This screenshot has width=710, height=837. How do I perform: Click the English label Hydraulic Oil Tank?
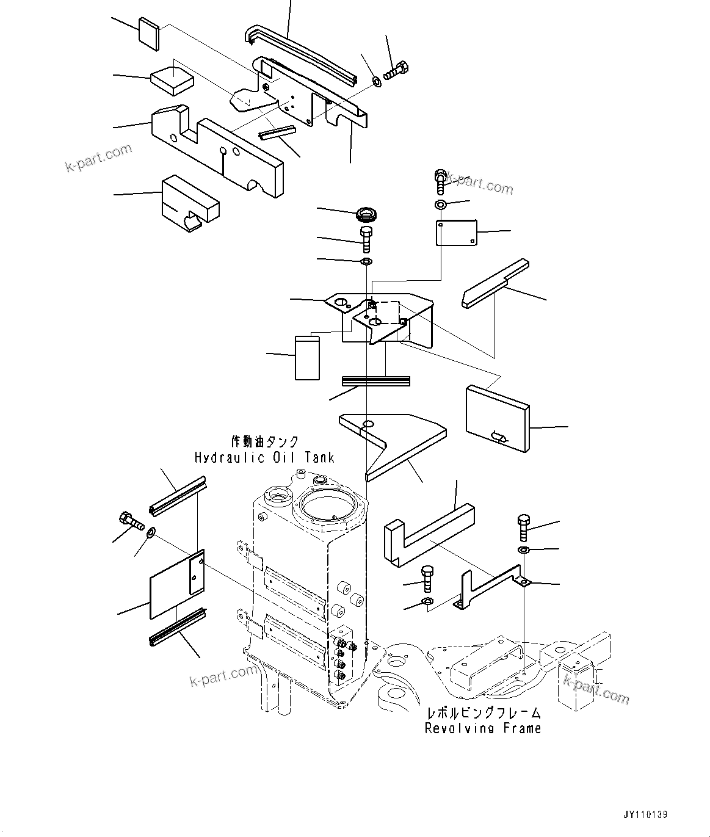click(264, 457)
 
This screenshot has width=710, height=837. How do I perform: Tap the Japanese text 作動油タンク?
click(264, 441)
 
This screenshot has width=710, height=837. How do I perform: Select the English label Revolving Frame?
click(483, 728)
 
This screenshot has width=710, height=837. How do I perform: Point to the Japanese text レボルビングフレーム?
click(483, 712)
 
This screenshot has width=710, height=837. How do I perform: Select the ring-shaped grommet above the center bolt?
click(368, 214)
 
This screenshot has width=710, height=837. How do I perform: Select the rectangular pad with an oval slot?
click(497, 418)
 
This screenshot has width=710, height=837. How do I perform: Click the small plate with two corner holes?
click(457, 233)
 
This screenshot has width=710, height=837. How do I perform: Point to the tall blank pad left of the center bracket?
click(307, 357)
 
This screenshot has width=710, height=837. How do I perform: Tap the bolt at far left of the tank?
click(129, 521)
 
